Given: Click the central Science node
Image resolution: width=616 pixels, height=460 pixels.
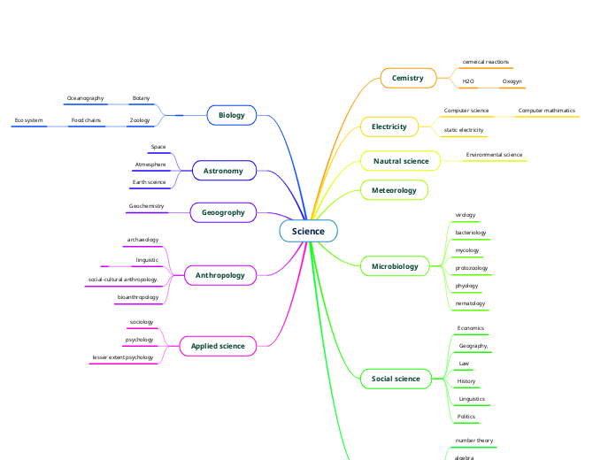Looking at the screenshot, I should (x=308, y=231).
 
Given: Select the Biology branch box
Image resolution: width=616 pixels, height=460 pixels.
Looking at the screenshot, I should (x=231, y=115).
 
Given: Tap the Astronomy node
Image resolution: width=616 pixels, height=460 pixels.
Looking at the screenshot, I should (x=223, y=170).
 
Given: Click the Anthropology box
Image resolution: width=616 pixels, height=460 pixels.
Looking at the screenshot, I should (x=219, y=275).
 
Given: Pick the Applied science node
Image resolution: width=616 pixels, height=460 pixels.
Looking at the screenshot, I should (x=218, y=346).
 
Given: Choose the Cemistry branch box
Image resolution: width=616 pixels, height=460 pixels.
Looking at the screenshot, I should (x=408, y=78).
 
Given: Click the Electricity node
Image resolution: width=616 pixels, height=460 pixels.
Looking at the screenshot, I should (x=389, y=126).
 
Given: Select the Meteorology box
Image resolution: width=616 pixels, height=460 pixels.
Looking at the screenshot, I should (x=394, y=189).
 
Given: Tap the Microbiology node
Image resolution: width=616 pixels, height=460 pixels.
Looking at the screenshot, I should (x=395, y=265).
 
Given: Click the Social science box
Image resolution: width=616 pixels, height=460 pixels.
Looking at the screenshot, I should (x=396, y=379).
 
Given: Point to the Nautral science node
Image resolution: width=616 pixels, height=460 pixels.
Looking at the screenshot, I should (x=400, y=161).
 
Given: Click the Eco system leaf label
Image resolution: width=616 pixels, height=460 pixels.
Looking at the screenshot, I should (x=29, y=119).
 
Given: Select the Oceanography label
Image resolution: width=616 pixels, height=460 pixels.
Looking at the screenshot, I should (x=85, y=98).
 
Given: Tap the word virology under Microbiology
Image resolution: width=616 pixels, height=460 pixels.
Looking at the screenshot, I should (x=465, y=215).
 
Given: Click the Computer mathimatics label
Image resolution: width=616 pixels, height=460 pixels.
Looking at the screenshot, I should (x=546, y=111).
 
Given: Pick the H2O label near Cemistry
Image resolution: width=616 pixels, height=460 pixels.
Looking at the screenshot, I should (x=468, y=81).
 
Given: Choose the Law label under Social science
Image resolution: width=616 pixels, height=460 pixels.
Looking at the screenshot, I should (x=464, y=364).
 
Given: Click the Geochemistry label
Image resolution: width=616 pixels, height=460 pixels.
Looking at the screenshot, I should (x=146, y=206).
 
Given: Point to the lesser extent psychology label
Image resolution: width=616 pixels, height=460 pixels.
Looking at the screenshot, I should (x=122, y=357).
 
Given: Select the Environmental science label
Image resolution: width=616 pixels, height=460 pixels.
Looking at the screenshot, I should (x=494, y=155).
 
